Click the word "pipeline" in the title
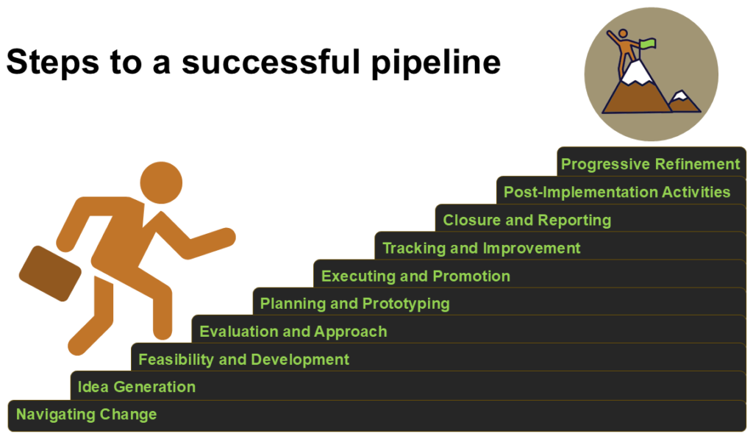[436, 63]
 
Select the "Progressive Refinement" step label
[650, 164]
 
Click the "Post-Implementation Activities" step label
[617, 192]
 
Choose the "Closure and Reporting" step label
[527, 220]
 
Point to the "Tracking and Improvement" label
[481, 248]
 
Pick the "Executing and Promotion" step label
[415, 276]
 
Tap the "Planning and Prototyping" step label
[355, 304]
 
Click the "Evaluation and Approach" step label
[293, 332]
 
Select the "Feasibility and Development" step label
[243, 360]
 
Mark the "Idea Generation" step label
[136, 387]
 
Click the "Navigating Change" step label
[87, 415]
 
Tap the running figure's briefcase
[50, 274]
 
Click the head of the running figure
[161, 182]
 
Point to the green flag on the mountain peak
[647, 43]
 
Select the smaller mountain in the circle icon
[683, 101]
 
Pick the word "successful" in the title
[271, 63]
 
